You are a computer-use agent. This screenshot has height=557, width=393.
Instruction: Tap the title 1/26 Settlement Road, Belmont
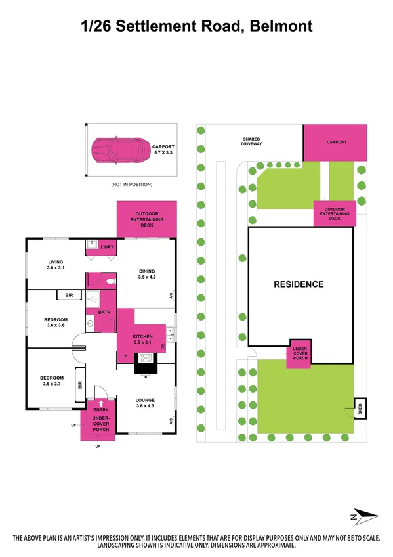pyautogui.click(x=196, y=26)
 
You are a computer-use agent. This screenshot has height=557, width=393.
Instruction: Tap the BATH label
pyautogui.click(x=104, y=312)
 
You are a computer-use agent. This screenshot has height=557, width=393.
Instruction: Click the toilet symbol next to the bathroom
pyautogui.click(x=112, y=280)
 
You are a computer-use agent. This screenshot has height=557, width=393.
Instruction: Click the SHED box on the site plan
pyautogui.click(x=359, y=408)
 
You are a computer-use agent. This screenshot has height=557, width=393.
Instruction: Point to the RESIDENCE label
pyautogui.click(x=299, y=284)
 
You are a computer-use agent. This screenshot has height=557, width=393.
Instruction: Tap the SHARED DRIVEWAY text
pyautogui.click(x=252, y=142)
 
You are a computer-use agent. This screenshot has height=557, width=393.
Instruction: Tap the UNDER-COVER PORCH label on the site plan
pyautogui.click(x=300, y=355)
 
